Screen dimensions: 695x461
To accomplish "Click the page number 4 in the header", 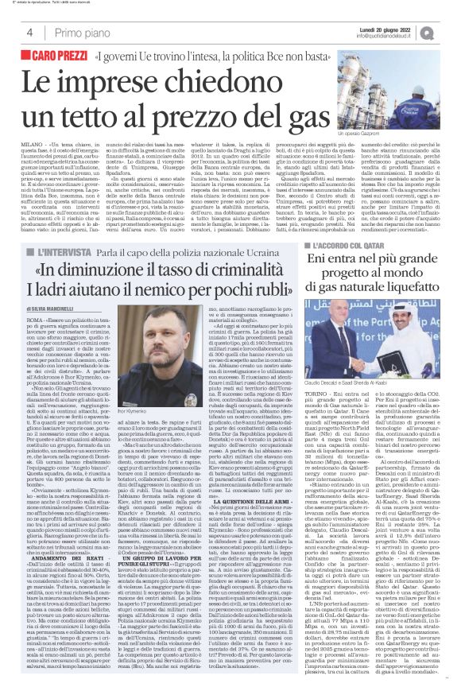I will coord(29,32).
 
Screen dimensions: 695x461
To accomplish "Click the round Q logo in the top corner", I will coord(449,32).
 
